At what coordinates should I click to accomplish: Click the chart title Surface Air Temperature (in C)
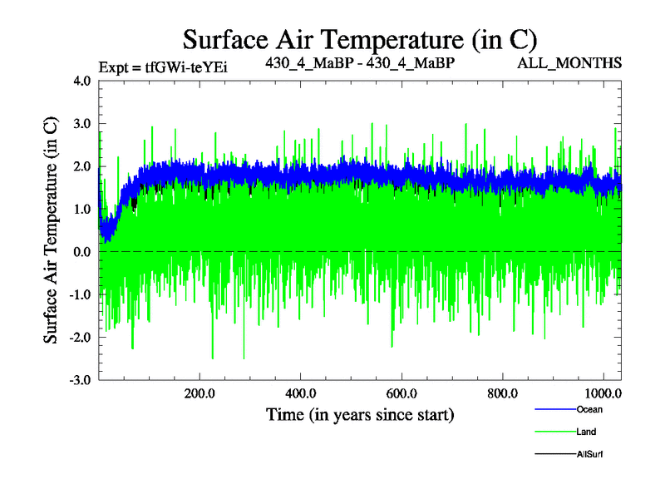(x=360, y=38)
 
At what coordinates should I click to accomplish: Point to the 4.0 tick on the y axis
(x=81, y=82)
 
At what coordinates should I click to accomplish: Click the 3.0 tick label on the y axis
(x=81, y=124)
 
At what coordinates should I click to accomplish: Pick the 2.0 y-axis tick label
(x=81, y=166)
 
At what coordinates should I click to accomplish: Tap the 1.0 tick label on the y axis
(x=81, y=209)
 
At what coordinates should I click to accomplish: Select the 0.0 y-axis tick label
(x=81, y=251)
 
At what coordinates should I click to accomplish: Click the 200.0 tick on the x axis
(x=199, y=393)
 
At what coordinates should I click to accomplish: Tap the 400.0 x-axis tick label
(x=301, y=393)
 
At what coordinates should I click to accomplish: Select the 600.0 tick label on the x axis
(x=402, y=393)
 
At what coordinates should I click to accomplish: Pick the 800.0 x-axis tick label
(x=504, y=393)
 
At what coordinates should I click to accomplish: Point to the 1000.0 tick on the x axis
(x=603, y=393)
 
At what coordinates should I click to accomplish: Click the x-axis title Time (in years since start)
(x=360, y=413)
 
